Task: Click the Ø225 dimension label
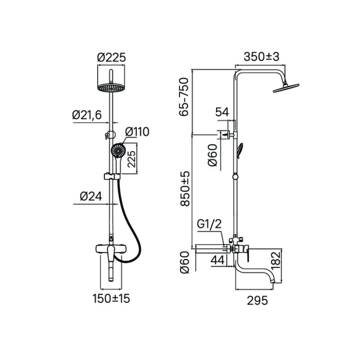click(x=111, y=57)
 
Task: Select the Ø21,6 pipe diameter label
click(x=87, y=115)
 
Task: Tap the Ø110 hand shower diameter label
click(x=137, y=132)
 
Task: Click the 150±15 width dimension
click(x=111, y=298)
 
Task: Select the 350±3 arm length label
click(x=261, y=57)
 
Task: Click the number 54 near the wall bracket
click(x=222, y=112)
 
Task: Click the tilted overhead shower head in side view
click(x=287, y=87)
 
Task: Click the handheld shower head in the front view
click(x=117, y=150)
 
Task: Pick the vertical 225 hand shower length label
click(x=131, y=158)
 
